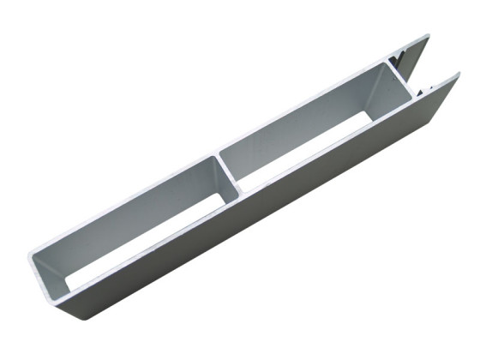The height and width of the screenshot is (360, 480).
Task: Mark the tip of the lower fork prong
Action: (x=458, y=75)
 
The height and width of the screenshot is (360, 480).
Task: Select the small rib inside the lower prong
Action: (x=426, y=86)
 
